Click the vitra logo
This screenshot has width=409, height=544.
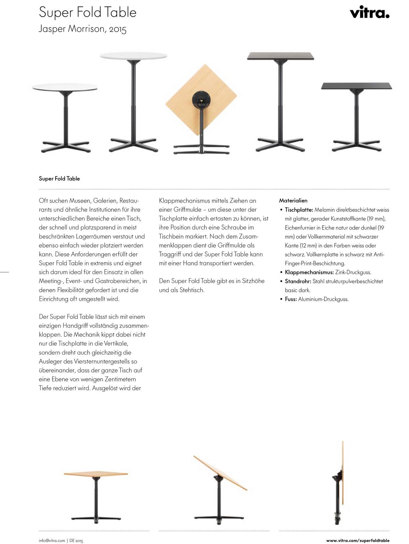(x=369, y=13)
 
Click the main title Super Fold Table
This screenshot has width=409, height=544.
(x=88, y=13)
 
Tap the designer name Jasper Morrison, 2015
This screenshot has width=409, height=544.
(x=82, y=29)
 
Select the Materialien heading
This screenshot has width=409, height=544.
(x=293, y=201)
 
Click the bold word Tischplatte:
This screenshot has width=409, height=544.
(x=299, y=210)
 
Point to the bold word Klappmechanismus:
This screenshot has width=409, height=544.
(x=309, y=272)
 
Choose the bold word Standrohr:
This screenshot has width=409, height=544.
(x=298, y=281)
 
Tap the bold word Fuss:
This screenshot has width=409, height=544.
(x=291, y=299)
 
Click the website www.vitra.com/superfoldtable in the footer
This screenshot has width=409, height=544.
(x=358, y=540)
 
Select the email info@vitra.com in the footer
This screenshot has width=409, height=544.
(x=52, y=541)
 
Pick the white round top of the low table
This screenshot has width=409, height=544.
(x=65, y=87)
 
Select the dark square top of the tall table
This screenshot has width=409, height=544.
(x=281, y=56)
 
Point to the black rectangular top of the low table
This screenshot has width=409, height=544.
(x=356, y=86)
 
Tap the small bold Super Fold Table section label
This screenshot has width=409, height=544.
(x=59, y=178)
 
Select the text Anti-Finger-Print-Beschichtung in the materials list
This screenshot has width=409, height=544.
(x=334, y=259)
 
